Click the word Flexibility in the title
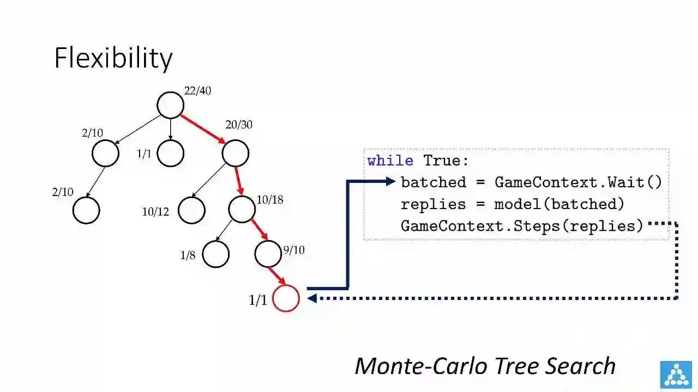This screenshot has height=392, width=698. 113,58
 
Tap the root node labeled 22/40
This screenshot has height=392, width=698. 170,105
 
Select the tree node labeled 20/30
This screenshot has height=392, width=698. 236,154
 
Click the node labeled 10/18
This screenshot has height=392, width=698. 242,210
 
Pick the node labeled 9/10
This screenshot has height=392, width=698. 268,254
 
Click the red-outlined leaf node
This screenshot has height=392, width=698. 286,298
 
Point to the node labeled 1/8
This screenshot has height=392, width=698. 216,254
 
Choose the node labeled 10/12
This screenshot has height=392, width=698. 191,210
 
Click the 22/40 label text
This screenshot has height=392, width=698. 197,91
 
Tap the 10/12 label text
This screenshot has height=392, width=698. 155,212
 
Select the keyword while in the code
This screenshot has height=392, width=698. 390,161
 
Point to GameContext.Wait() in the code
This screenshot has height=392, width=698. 578,182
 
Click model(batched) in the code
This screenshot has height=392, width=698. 559,204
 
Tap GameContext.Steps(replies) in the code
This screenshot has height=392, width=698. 522,225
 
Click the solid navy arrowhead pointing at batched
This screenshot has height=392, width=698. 390,181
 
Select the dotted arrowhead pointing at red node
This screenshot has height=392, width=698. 312,298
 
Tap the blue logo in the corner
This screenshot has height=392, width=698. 676,375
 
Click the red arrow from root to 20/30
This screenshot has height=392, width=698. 203,129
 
